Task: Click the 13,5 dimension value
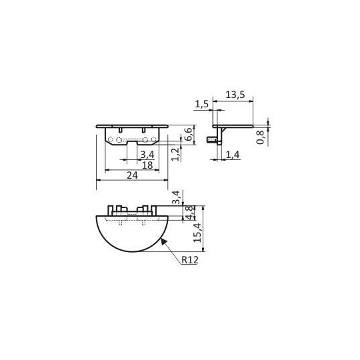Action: click(235, 95)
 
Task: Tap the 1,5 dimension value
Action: click(202, 104)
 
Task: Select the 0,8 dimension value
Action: click(260, 137)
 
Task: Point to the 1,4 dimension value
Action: click(233, 155)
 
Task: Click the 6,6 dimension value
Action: click(188, 134)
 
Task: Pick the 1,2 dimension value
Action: click(175, 155)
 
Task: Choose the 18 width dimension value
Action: click(147, 165)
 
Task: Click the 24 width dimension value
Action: click(133, 175)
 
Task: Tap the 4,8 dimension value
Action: click(189, 213)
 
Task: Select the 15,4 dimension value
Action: click(197, 233)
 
